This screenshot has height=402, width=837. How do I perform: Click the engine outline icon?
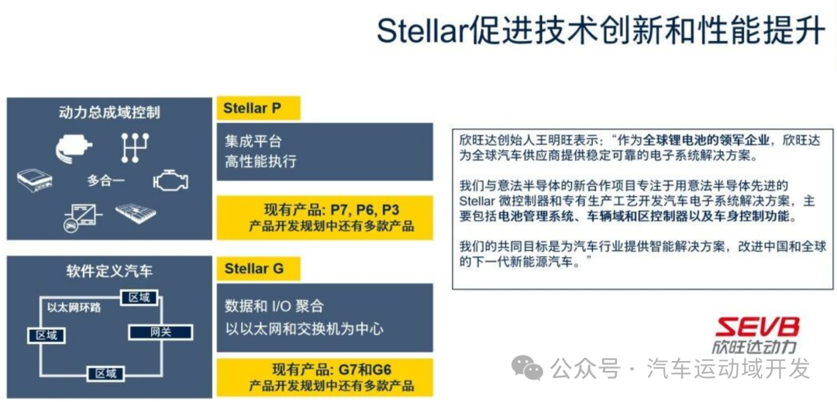coord(170,180)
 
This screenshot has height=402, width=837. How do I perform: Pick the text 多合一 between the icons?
coord(107,180)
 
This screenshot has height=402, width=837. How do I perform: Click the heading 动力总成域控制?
coord(109,112)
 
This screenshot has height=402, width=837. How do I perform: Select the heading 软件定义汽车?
coord(109,271)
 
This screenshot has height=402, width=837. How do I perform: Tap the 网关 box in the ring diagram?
coord(160,332)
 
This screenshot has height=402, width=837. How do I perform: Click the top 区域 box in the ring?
coord(139,297)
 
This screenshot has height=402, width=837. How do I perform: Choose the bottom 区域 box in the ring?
coord(106,373)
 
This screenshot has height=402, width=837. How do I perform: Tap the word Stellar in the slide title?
coord(421,30)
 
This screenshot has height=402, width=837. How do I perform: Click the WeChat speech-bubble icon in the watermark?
coord(529,368)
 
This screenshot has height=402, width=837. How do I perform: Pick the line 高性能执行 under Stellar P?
coord(261,162)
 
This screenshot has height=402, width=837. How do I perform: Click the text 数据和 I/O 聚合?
coord(274,305)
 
